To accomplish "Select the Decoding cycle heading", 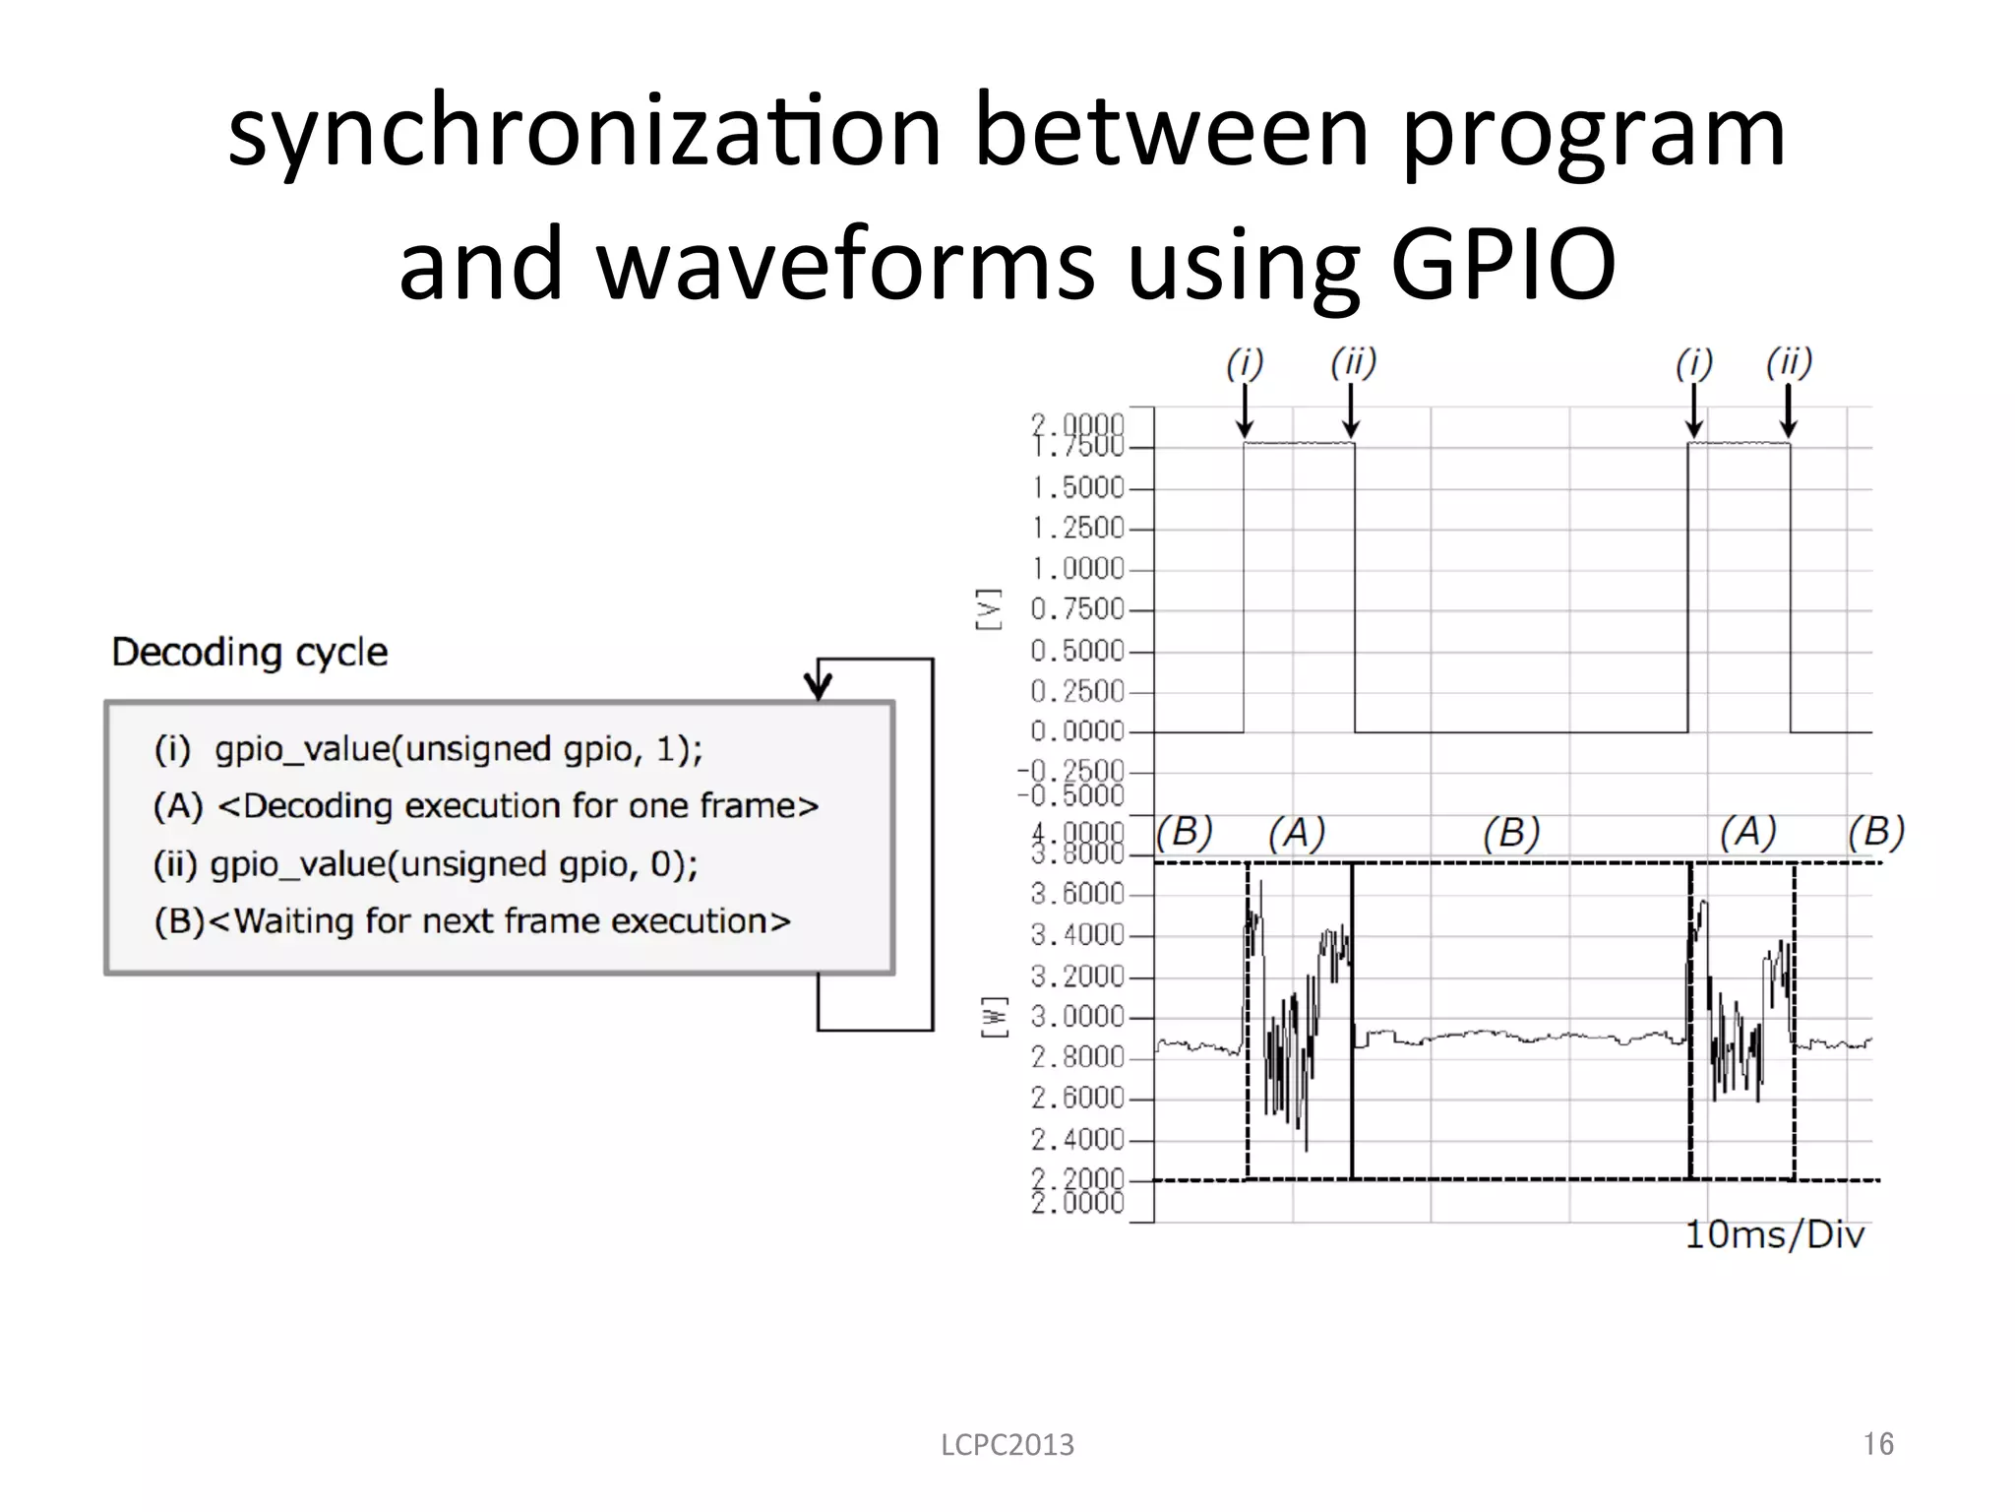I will (x=250, y=652).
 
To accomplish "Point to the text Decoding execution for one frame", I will (x=519, y=806).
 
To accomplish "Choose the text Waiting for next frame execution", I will (x=512, y=921).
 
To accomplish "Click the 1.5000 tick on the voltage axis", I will (x=1077, y=488).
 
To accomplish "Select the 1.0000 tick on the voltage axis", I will (x=1077, y=569).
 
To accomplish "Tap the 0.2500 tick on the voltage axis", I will (x=1077, y=691).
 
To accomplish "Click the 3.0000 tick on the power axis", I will (x=1077, y=1017).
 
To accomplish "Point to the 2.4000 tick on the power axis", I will (x=1077, y=1140).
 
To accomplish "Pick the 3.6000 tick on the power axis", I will (x=1077, y=894).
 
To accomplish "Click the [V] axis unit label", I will (x=990, y=609).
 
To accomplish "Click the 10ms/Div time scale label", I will (x=1774, y=1234).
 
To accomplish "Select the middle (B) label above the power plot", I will (x=1511, y=834).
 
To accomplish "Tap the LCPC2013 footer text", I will (x=1007, y=1445).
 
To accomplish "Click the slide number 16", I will (x=1878, y=1444).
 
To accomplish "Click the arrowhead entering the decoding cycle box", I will (x=819, y=685).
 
